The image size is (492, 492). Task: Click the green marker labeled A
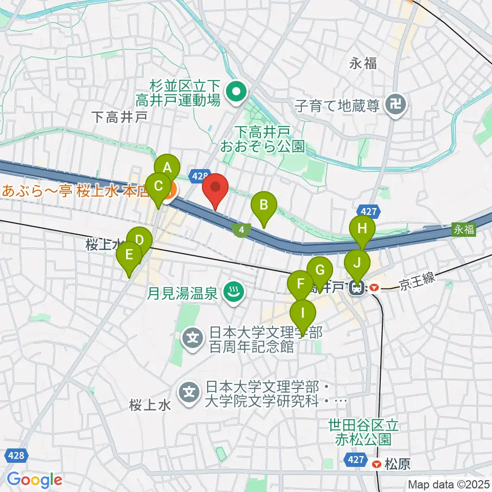point(167,168)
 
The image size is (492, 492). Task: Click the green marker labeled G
point(319,271)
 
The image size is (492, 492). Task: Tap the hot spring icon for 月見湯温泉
point(235,293)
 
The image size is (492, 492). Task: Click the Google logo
point(34,479)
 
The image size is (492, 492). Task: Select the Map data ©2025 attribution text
point(448,484)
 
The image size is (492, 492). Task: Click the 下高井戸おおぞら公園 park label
point(262,140)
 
